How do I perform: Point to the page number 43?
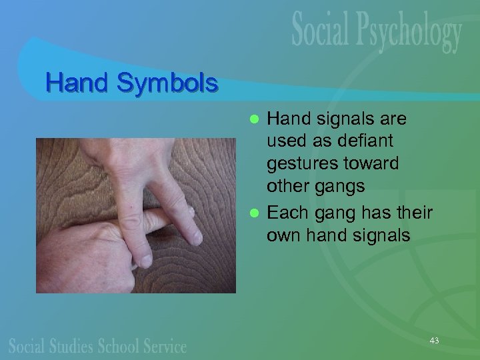click(x=434, y=341)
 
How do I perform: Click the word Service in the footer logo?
click(x=164, y=346)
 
